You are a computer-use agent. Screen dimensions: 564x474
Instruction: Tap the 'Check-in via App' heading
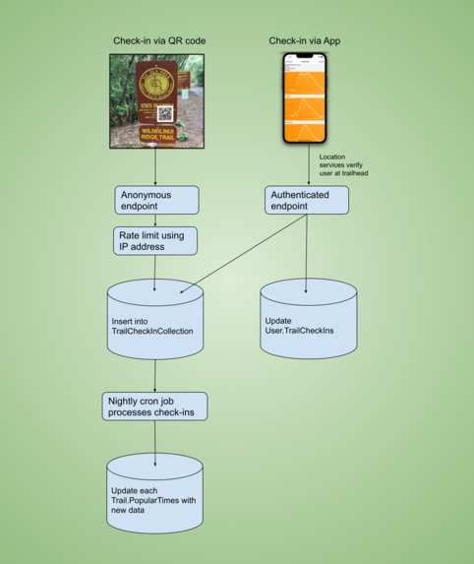(x=305, y=40)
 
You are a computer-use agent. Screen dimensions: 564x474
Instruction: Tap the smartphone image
(x=305, y=99)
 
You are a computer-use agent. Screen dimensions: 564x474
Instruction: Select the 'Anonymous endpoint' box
(x=156, y=201)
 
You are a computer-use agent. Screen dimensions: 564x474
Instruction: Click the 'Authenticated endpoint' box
(x=307, y=201)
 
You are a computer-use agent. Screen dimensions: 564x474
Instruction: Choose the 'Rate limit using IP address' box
(x=156, y=241)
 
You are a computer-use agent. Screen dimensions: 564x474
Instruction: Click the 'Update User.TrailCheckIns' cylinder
(x=308, y=321)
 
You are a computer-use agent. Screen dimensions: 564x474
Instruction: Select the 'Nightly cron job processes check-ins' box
(x=154, y=406)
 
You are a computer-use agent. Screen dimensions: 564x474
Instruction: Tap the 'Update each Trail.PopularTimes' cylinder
(x=155, y=491)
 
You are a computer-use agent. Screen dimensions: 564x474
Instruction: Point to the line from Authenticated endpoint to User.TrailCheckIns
(x=307, y=251)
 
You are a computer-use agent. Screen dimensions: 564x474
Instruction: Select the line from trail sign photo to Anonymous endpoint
(x=157, y=166)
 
